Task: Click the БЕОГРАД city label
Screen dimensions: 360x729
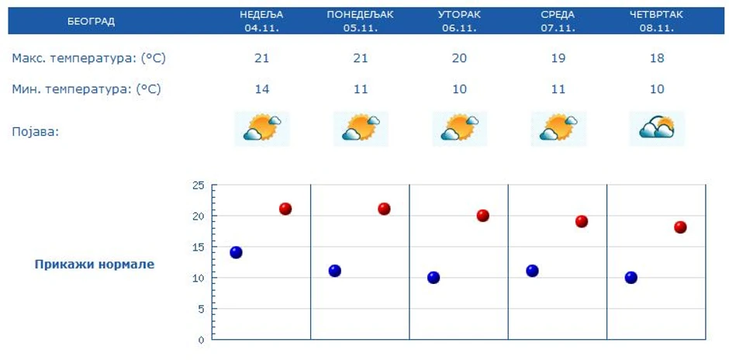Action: pos(91,21)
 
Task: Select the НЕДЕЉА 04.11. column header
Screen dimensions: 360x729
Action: pos(262,21)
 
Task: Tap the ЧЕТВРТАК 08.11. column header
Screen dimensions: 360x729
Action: pos(657,21)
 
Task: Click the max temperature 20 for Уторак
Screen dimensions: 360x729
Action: pos(459,58)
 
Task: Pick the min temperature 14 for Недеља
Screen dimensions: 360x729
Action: pos(262,89)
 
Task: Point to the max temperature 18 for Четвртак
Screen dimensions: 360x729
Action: pos(657,58)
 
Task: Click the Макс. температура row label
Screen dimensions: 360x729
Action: pos(88,58)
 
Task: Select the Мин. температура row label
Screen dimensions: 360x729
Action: pos(86,89)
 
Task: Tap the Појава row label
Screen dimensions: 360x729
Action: pos(36,131)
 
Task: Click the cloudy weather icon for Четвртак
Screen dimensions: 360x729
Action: pos(657,128)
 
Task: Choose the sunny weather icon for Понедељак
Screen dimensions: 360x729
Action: pos(361,128)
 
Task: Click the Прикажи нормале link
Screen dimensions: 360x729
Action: pos(94,265)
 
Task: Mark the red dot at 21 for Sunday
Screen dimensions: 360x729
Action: pos(285,209)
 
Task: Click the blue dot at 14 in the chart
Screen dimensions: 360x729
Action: pos(236,252)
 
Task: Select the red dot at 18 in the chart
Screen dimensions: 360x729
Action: pos(680,227)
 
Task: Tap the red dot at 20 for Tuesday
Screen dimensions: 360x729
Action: pos(482,216)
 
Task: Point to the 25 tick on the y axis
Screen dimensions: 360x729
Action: pos(198,185)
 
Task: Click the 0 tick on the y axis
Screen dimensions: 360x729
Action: pos(200,340)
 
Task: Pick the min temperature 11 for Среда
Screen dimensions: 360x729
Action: pos(558,89)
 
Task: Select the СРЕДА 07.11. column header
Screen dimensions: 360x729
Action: pos(558,21)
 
